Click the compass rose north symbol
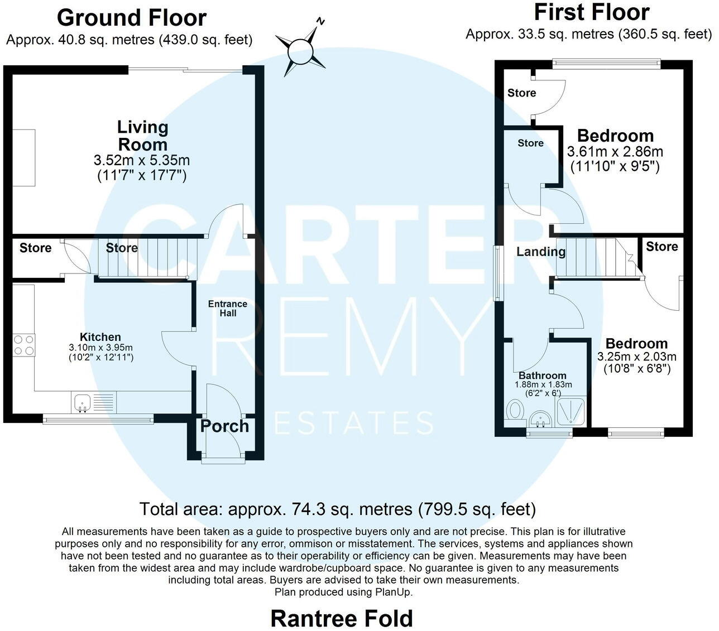(x=302, y=48)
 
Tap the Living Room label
(x=142, y=135)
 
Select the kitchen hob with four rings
(x=23, y=344)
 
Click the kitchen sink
(x=82, y=402)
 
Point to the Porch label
(x=224, y=426)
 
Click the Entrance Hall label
(x=227, y=309)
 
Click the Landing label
(x=540, y=252)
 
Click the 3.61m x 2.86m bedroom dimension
(x=615, y=152)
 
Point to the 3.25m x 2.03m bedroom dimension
(x=636, y=357)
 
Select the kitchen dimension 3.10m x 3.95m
(x=100, y=347)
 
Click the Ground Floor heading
(x=132, y=18)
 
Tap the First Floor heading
(x=591, y=12)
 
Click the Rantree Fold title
(x=342, y=618)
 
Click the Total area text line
(x=337, y=509)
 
